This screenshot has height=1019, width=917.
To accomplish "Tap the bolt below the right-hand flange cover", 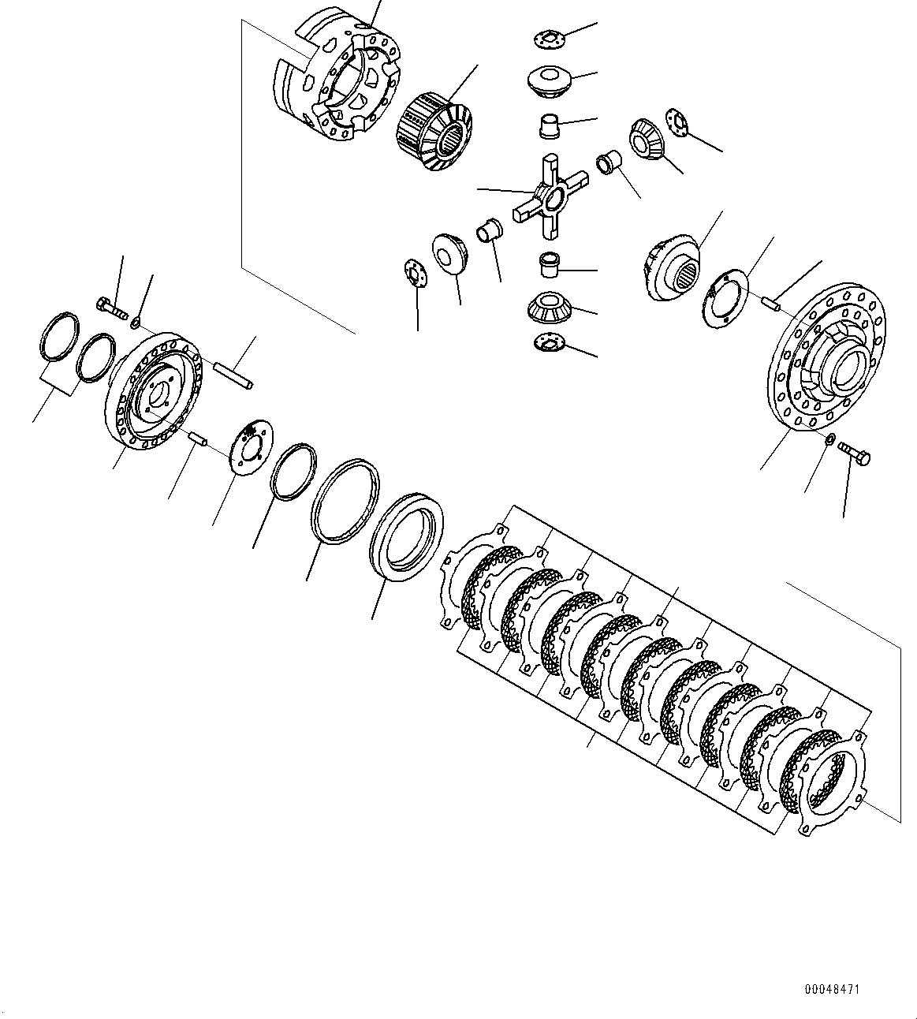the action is (853, 453).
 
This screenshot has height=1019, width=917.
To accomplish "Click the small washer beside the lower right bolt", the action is (830, 439).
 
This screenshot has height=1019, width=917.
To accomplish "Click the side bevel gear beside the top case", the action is (432, 130).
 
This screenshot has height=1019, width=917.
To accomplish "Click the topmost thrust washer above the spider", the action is (546, 37).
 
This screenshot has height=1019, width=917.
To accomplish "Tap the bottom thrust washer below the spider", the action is (550, 342).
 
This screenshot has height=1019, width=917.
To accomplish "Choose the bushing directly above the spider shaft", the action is (550, 126).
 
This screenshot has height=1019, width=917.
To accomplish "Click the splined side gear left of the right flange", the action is (673, 268).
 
